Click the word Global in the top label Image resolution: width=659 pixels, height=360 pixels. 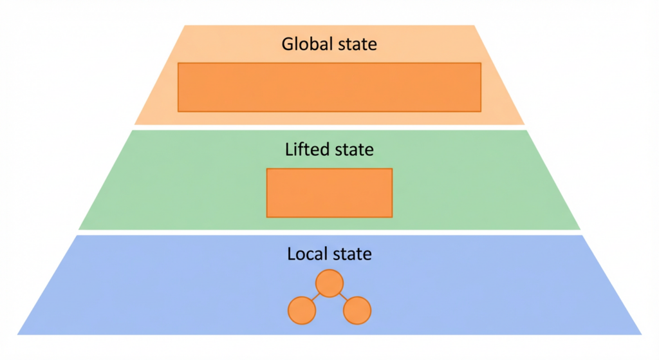click(303, 44)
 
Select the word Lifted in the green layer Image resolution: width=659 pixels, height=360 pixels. click(306, 149)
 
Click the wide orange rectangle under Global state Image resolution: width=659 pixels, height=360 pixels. click(329, 87)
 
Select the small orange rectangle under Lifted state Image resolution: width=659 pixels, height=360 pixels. click(329, 193)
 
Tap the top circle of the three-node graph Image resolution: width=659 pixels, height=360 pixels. click(329, 283)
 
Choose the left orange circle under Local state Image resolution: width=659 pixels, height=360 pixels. click(302, 310)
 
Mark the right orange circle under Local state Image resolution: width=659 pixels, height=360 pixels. click(358, 310)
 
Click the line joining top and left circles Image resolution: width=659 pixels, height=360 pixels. click(315, 298)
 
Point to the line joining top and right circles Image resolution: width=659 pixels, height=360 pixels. click(344, 298)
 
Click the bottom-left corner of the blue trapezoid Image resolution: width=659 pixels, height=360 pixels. click(18, 334)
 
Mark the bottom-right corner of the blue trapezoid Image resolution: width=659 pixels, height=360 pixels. click(641, 334)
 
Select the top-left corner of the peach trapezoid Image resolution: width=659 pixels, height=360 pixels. click(185, 26)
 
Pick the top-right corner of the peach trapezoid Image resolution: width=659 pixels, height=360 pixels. click(474, 26)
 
